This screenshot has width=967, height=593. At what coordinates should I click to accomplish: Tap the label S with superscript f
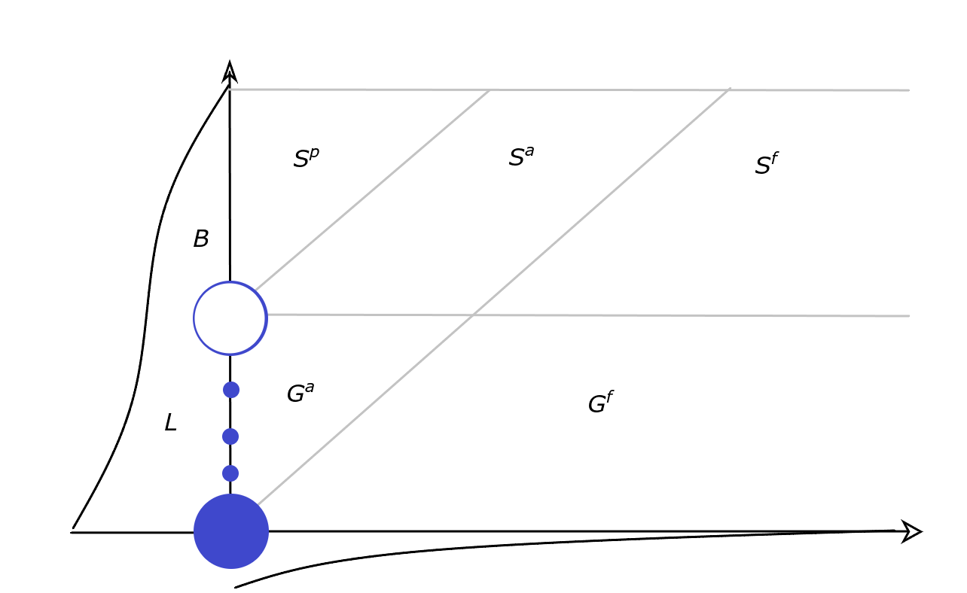(x=765, y=165)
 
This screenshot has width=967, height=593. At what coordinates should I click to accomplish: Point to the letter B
(x=200, y=239)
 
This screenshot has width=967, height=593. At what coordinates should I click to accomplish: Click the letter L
(x=170, y=423)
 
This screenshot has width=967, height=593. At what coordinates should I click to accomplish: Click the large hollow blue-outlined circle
(x=230, y=318)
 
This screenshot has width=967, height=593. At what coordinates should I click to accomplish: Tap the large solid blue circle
(x=231, y=531)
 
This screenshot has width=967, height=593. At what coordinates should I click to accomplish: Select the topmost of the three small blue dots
(x=231, y=390)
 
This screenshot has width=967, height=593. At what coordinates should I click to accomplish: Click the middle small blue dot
(x=230, y=436)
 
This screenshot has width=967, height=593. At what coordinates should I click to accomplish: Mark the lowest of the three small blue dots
(x=230, y=473)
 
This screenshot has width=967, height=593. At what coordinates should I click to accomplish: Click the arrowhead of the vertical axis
(x=230, y=72)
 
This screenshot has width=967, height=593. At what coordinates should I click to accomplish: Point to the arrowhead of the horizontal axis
(x=911, y=531)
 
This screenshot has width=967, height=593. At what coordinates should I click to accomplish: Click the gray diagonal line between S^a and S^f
(x=602, y=200)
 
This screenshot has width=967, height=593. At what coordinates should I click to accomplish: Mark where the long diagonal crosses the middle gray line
(x=473, y=315)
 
